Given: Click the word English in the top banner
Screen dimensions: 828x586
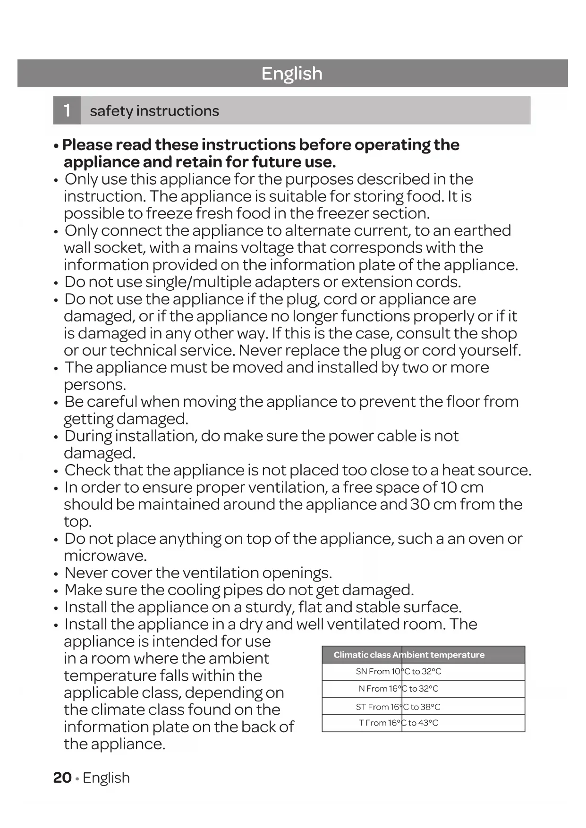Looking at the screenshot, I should pos(292,74).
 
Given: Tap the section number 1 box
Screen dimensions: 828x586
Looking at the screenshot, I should pos(67,110).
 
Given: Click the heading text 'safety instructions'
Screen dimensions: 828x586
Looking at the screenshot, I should pos(154,111).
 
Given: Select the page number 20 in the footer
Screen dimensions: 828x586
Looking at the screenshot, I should pos(62,777).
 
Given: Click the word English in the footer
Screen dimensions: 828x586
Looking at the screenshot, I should pos(106,778).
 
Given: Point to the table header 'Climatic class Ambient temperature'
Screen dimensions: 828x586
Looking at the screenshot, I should pos(409,655).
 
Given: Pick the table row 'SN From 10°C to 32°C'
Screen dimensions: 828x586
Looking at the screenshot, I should pos(399,671).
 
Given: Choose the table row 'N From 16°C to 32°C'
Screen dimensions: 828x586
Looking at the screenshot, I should pos(399,689).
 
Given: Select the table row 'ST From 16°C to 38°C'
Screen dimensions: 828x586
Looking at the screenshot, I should pos(398,707).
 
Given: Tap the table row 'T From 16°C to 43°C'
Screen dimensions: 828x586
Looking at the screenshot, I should pos(399,723).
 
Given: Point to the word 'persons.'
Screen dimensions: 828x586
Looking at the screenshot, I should pos(95,385).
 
